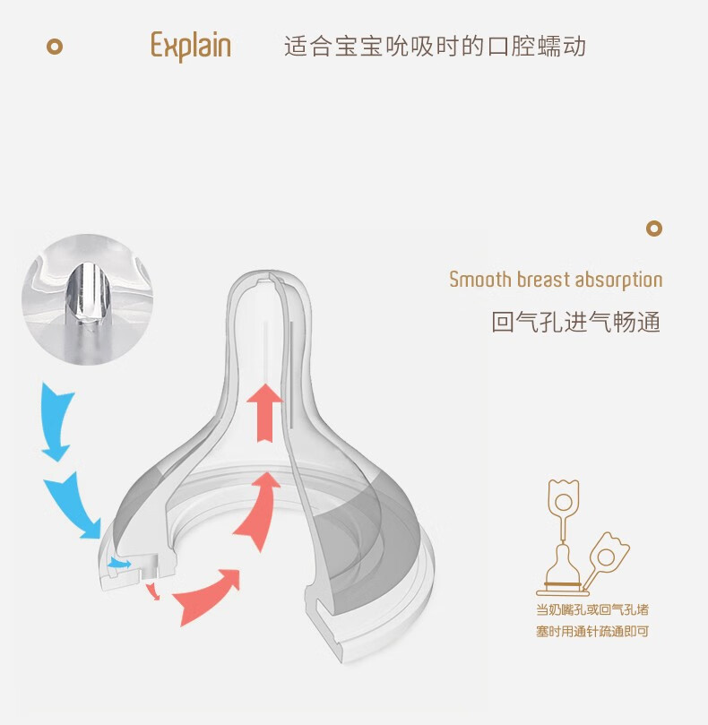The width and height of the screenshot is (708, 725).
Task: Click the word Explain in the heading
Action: click(x=191, y=46)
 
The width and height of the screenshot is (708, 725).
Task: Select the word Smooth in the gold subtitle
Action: click(x=480, y=280)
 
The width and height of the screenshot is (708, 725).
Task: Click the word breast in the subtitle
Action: click(x=543, y=280)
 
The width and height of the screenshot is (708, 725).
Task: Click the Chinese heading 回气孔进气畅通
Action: click(x=575, y=322)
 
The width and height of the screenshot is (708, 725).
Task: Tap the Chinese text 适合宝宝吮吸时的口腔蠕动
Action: click(x=436, y=47)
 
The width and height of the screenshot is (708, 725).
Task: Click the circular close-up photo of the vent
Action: click(x=88, y=299)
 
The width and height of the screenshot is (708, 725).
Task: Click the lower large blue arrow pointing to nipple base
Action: click(x=74, y=505)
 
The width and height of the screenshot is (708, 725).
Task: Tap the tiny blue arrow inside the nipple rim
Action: click(x=120, y=563)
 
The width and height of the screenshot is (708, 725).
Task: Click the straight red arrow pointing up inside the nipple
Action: click(x=264, y=412)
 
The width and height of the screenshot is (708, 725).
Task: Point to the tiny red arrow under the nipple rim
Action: click(x=153, y=591)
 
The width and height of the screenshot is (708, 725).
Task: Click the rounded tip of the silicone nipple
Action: click(x=268, y=277)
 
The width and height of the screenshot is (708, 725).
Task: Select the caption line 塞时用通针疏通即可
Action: click(x=592, y=631)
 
